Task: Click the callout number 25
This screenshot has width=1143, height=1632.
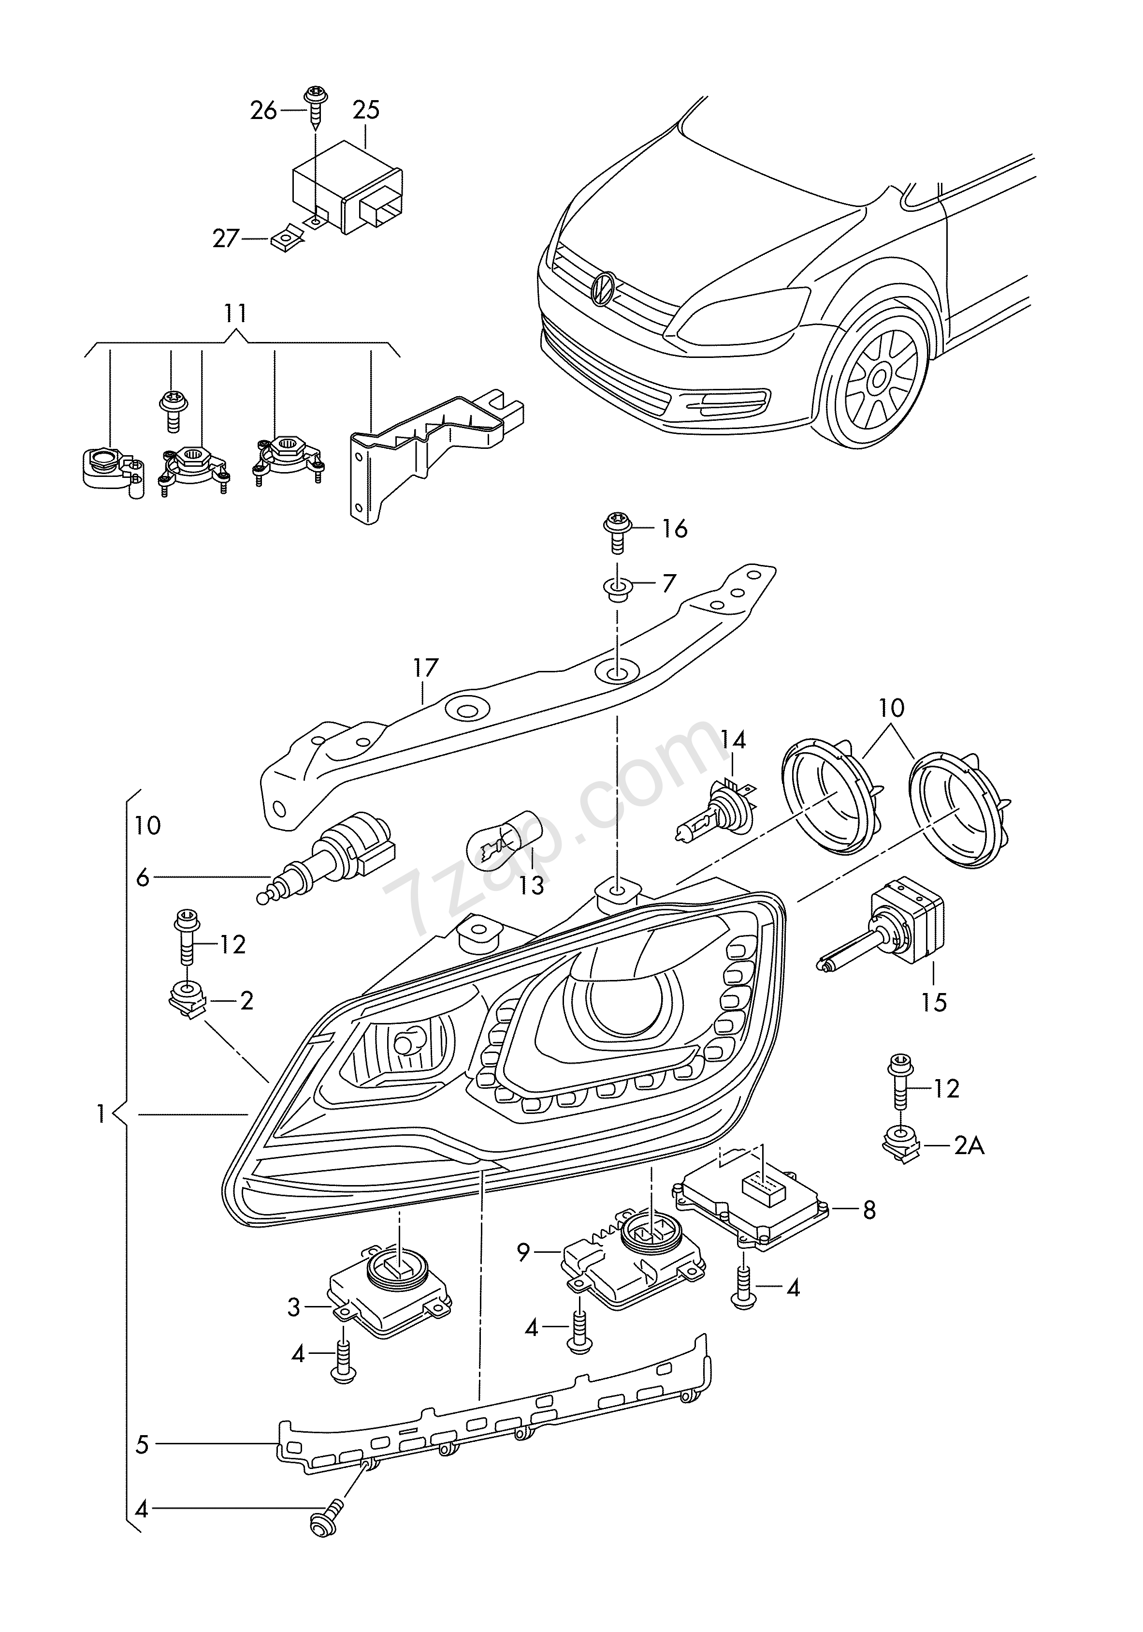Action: [366, 110]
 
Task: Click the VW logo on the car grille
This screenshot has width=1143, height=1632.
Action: [602, 289]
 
